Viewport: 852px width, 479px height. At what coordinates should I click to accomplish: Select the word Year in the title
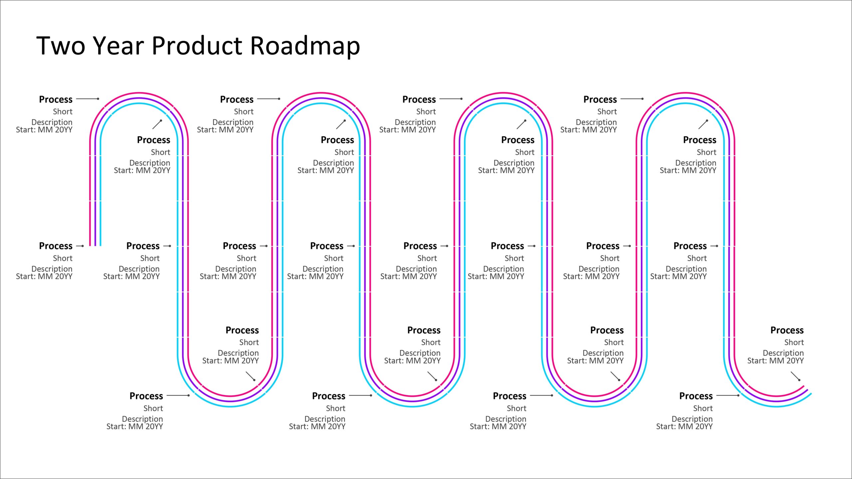pyautogui.click(x=118, y=46)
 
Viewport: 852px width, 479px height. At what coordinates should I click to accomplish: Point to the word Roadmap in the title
pyautogui.click(x=305, y=46)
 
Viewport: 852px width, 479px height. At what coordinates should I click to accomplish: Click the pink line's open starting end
pyautogui.click(x=90, y=245)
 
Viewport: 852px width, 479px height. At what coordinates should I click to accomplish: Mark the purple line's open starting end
pyautogui.click(x=95, y=245)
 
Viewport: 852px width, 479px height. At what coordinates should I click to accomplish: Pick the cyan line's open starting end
pyautogui.click(x=101, y=245)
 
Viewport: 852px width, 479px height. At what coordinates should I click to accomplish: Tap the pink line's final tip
pyautogui.click(x=804, y=386)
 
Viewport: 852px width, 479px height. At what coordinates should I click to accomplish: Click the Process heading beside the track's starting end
pyautogui.click(x=56, y=246)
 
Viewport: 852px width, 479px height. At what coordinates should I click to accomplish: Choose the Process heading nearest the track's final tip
pyautogui.click(x=787, y=330)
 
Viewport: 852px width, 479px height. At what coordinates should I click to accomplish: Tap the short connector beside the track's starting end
pyautogui.click(x=80, y=246)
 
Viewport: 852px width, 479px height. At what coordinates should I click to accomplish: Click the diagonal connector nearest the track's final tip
pyautogui.click(x=795, y=376)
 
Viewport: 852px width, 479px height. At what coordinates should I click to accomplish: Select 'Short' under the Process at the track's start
pyautogui.click(x=63, y=258)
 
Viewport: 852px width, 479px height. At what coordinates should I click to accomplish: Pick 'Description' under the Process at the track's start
pyautogui.click(x=52, y=269)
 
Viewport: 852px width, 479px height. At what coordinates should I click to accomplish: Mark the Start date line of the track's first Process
pyautogui.click(x=44, y=276)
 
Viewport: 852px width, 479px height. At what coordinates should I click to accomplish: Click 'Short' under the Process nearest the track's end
pyautogui.click(x=794, y=343)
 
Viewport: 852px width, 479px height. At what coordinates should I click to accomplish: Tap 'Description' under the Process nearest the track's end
pyautogui.click(x=783, y=353)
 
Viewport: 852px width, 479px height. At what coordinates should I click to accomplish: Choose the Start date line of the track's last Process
pyautogui.click(x=775, y=361)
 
